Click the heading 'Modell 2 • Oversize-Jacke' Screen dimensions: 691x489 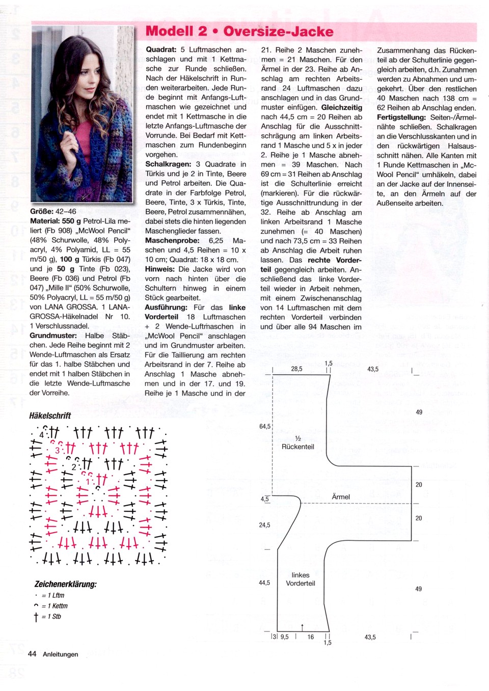click(239, 32)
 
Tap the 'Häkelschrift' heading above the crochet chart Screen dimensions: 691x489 click(50, 416)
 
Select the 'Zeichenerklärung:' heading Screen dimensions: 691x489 click(66, 584)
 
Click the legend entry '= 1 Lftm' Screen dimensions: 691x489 click(53, 595)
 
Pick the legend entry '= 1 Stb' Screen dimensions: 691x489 click(51, 617)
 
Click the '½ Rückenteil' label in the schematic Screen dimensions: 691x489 click(298, 443)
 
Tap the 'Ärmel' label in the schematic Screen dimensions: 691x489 click(341, 497)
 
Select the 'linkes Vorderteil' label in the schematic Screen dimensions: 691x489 click(301, 579)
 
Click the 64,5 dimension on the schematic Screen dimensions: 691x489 click(265, 426)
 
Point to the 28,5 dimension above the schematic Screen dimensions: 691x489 click(296, 369)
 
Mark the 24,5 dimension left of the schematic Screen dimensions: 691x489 click(264, 525)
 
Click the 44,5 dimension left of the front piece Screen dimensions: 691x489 click(264, 583)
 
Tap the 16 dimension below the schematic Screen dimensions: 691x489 click(311, 637)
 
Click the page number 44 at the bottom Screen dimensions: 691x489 click(32, 654)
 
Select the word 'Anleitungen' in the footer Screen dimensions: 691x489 click(61, 654)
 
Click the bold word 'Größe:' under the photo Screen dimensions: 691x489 click(42, 211)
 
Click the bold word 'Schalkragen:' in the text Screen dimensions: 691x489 click(165, 164)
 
